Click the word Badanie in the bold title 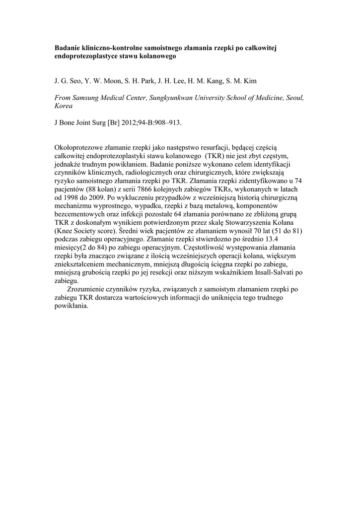[x=68, y=49]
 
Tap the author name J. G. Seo [x=67, y=81]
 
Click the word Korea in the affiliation [x=63, y=107]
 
